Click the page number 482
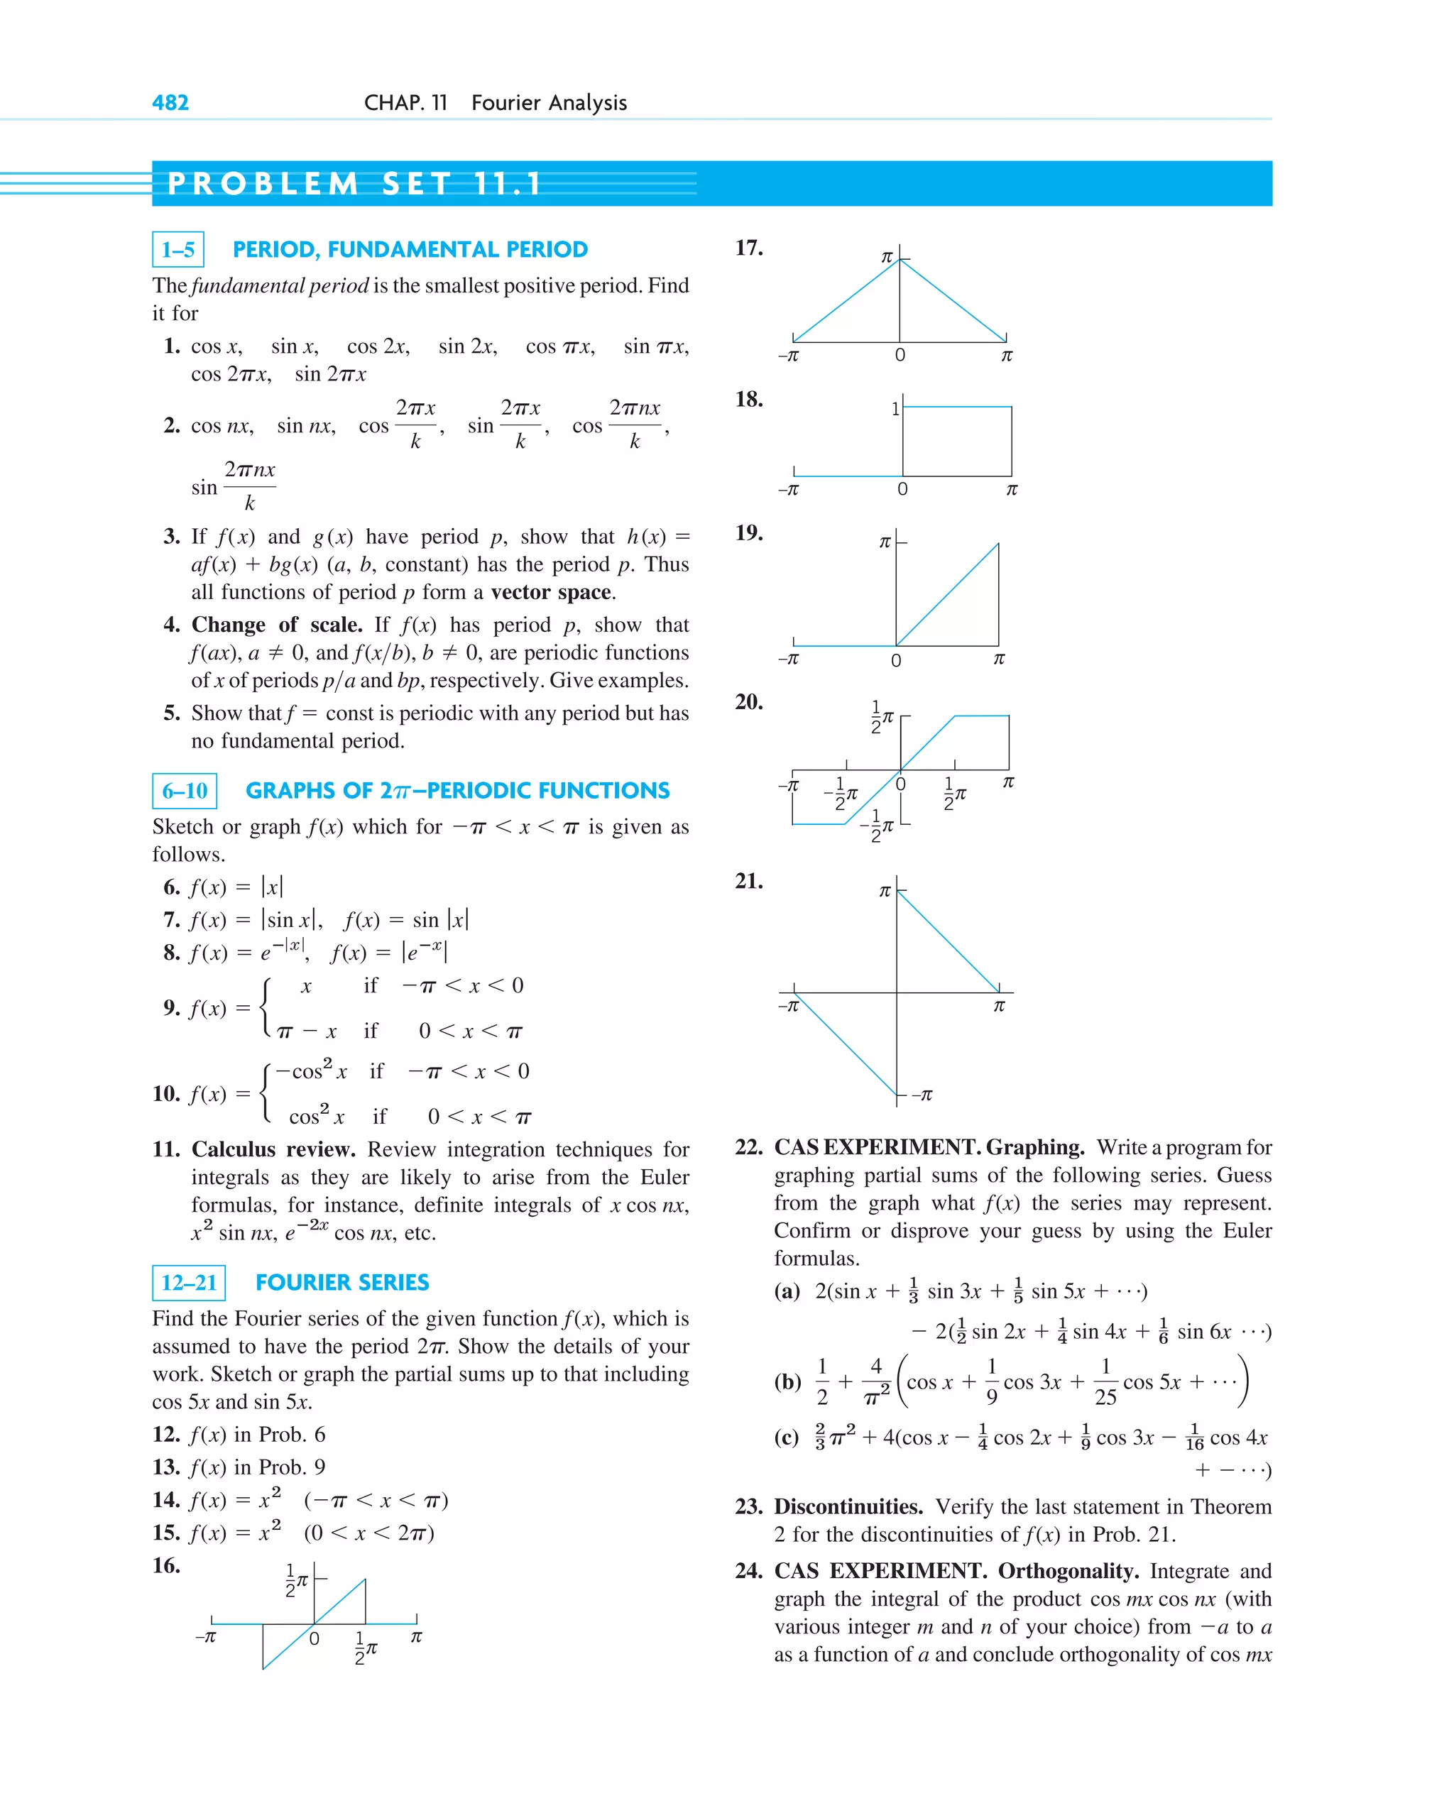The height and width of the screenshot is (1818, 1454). point(170,103)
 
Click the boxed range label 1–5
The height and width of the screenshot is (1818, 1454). point(178,250)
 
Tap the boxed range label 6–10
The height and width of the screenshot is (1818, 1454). point(185,791)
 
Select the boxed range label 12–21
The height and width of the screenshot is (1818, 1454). point(189,1283)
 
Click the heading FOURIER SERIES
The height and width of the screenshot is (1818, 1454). point(341,1283)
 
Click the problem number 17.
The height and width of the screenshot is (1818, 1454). point(748,248)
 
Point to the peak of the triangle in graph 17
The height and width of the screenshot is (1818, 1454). point(900,260)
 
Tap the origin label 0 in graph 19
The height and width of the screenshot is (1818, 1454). point(896,660)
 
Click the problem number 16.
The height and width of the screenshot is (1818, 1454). point(166,1566)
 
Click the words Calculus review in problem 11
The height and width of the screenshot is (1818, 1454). point(273,1149)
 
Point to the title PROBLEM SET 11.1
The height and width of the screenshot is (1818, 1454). point(354,184)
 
